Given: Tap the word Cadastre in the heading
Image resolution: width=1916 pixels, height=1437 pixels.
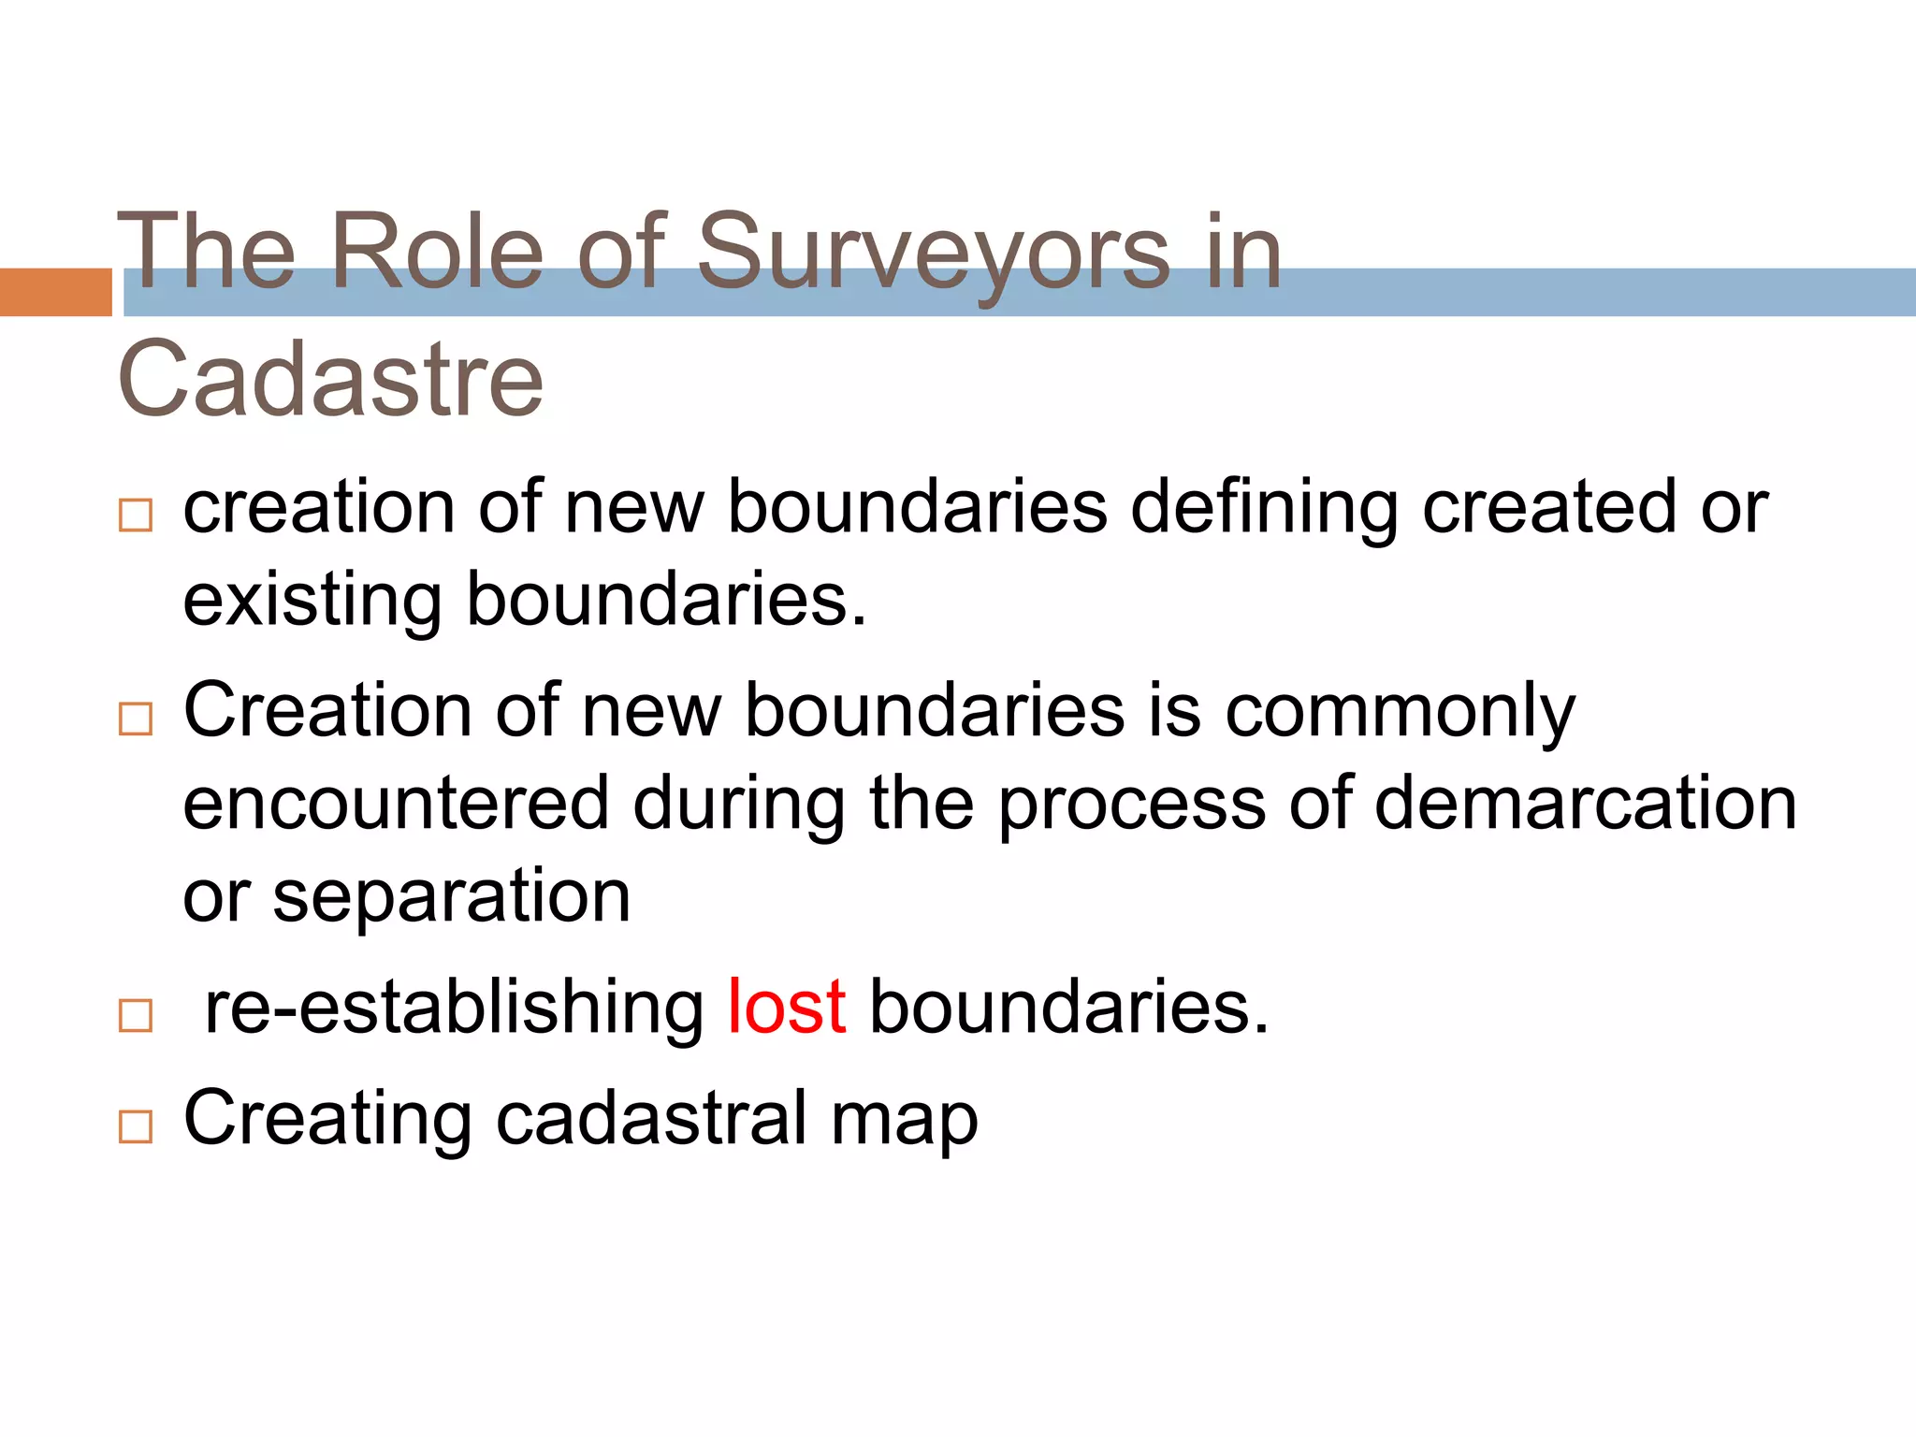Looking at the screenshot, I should click(x=330, y=379).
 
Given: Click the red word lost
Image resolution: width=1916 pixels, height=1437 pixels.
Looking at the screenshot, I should click(x=787, y=1008).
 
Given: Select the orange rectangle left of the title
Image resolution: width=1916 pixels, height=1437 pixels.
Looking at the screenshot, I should click(x=55, y=292).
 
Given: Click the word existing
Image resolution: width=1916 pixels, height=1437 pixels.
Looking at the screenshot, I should click(x=312, y=601).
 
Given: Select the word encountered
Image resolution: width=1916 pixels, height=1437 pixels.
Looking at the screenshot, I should click(x=396, y=804).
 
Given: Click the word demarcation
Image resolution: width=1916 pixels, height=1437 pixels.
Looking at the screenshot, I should click(x=1585, y=804).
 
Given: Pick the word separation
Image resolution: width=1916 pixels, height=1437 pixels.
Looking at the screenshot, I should click(x=451, y=896).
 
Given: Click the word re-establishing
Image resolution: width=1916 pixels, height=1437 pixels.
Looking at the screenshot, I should click(x=454, y=1008).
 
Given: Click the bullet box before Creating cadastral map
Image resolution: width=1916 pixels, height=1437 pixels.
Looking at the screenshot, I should click(x=136, y=1126).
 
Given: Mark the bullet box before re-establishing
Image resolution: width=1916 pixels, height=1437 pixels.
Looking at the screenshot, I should click(x=136, y=1016).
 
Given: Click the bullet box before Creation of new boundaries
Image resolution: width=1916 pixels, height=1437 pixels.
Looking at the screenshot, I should click(x=136, y=719).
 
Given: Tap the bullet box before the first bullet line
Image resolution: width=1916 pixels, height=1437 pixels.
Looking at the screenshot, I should click(x=136, y=515).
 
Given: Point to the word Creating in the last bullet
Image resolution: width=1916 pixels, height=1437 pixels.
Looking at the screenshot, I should click(x=327, y=1118).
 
